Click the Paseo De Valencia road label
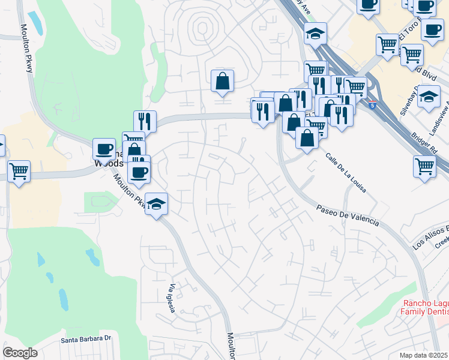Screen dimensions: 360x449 click(348, 214)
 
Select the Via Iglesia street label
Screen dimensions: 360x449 click(171, 298)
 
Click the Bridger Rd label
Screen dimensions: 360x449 click(424, 139)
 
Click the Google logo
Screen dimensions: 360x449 click(20, 352)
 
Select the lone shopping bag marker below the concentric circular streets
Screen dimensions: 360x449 click(222, 80)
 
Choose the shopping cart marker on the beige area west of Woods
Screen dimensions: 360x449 click(19, 171)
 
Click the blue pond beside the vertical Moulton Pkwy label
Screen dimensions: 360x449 click(34, 22)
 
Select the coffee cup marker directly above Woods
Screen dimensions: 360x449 click(104, 148)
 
